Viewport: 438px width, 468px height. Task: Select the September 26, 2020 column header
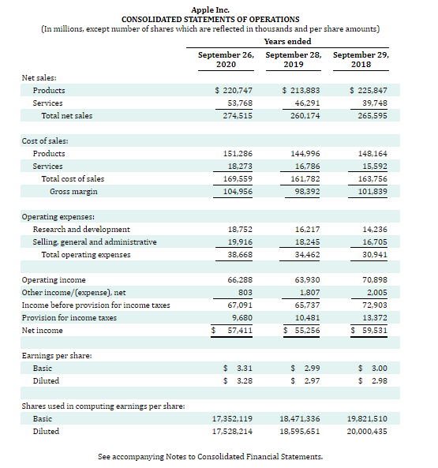click(x=226, y=60)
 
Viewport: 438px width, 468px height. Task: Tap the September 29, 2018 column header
click(x=361, y=60)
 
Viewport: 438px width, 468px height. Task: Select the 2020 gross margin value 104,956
click(x=235, y=192)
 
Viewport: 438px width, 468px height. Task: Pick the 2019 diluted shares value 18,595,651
click(x=299, y=432)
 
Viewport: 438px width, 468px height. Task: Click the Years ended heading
click(x=287, y=41)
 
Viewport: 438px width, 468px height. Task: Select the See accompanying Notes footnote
click(x=210, y=457)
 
